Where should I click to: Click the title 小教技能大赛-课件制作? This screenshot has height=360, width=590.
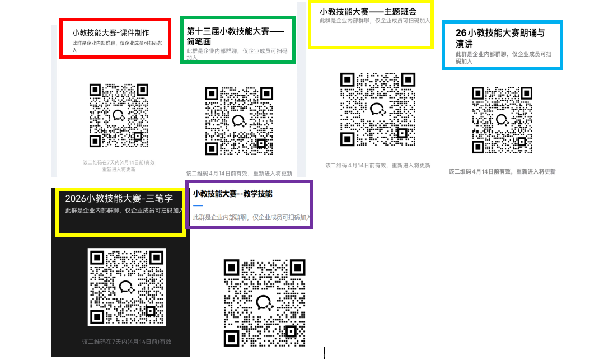point(111,32)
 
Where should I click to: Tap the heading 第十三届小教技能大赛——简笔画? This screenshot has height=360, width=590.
point(236,36)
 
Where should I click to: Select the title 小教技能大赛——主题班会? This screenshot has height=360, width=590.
point(368,12)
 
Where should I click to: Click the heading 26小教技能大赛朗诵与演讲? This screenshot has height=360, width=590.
point(500,39)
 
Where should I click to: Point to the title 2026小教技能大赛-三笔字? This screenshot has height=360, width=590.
point(119,198)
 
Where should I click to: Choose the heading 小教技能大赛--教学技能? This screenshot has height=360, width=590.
point(232,194)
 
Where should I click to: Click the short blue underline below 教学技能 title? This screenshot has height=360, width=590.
point(198,205)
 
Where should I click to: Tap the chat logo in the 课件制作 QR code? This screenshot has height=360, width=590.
point(119,115)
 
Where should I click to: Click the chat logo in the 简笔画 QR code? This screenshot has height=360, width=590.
point(239,121)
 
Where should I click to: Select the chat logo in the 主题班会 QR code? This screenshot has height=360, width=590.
point(377,109)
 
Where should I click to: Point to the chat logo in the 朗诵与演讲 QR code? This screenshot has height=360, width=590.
point(502,120)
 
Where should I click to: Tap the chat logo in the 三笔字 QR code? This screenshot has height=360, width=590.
point(127,287)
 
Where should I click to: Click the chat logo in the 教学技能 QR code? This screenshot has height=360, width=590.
point(264,302)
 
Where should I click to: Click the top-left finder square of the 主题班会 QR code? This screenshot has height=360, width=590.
point(347,80)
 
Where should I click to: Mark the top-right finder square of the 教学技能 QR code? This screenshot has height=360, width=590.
point(297,268)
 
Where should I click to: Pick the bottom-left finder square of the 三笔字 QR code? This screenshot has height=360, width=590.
point(97,317)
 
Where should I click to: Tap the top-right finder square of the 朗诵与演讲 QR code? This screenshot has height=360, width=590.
point(526,93)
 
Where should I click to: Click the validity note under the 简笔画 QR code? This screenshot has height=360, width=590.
point(239,174)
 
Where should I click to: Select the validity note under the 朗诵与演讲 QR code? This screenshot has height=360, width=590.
point(502,171)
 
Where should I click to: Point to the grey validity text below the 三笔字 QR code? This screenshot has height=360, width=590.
point(127,342)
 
